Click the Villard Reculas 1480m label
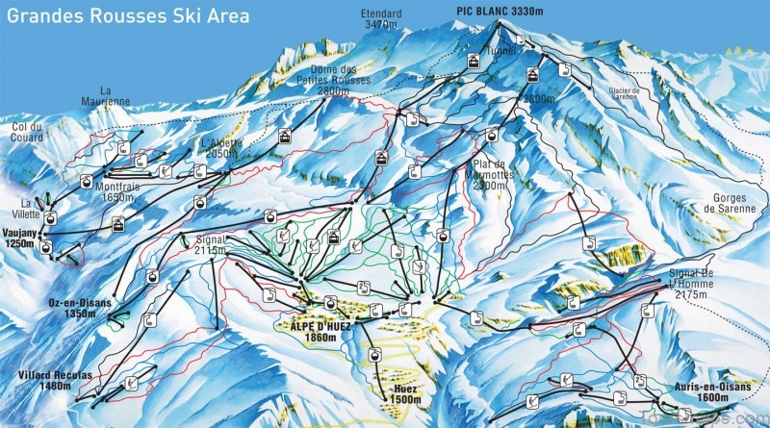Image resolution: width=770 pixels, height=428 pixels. tap(44, 379)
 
